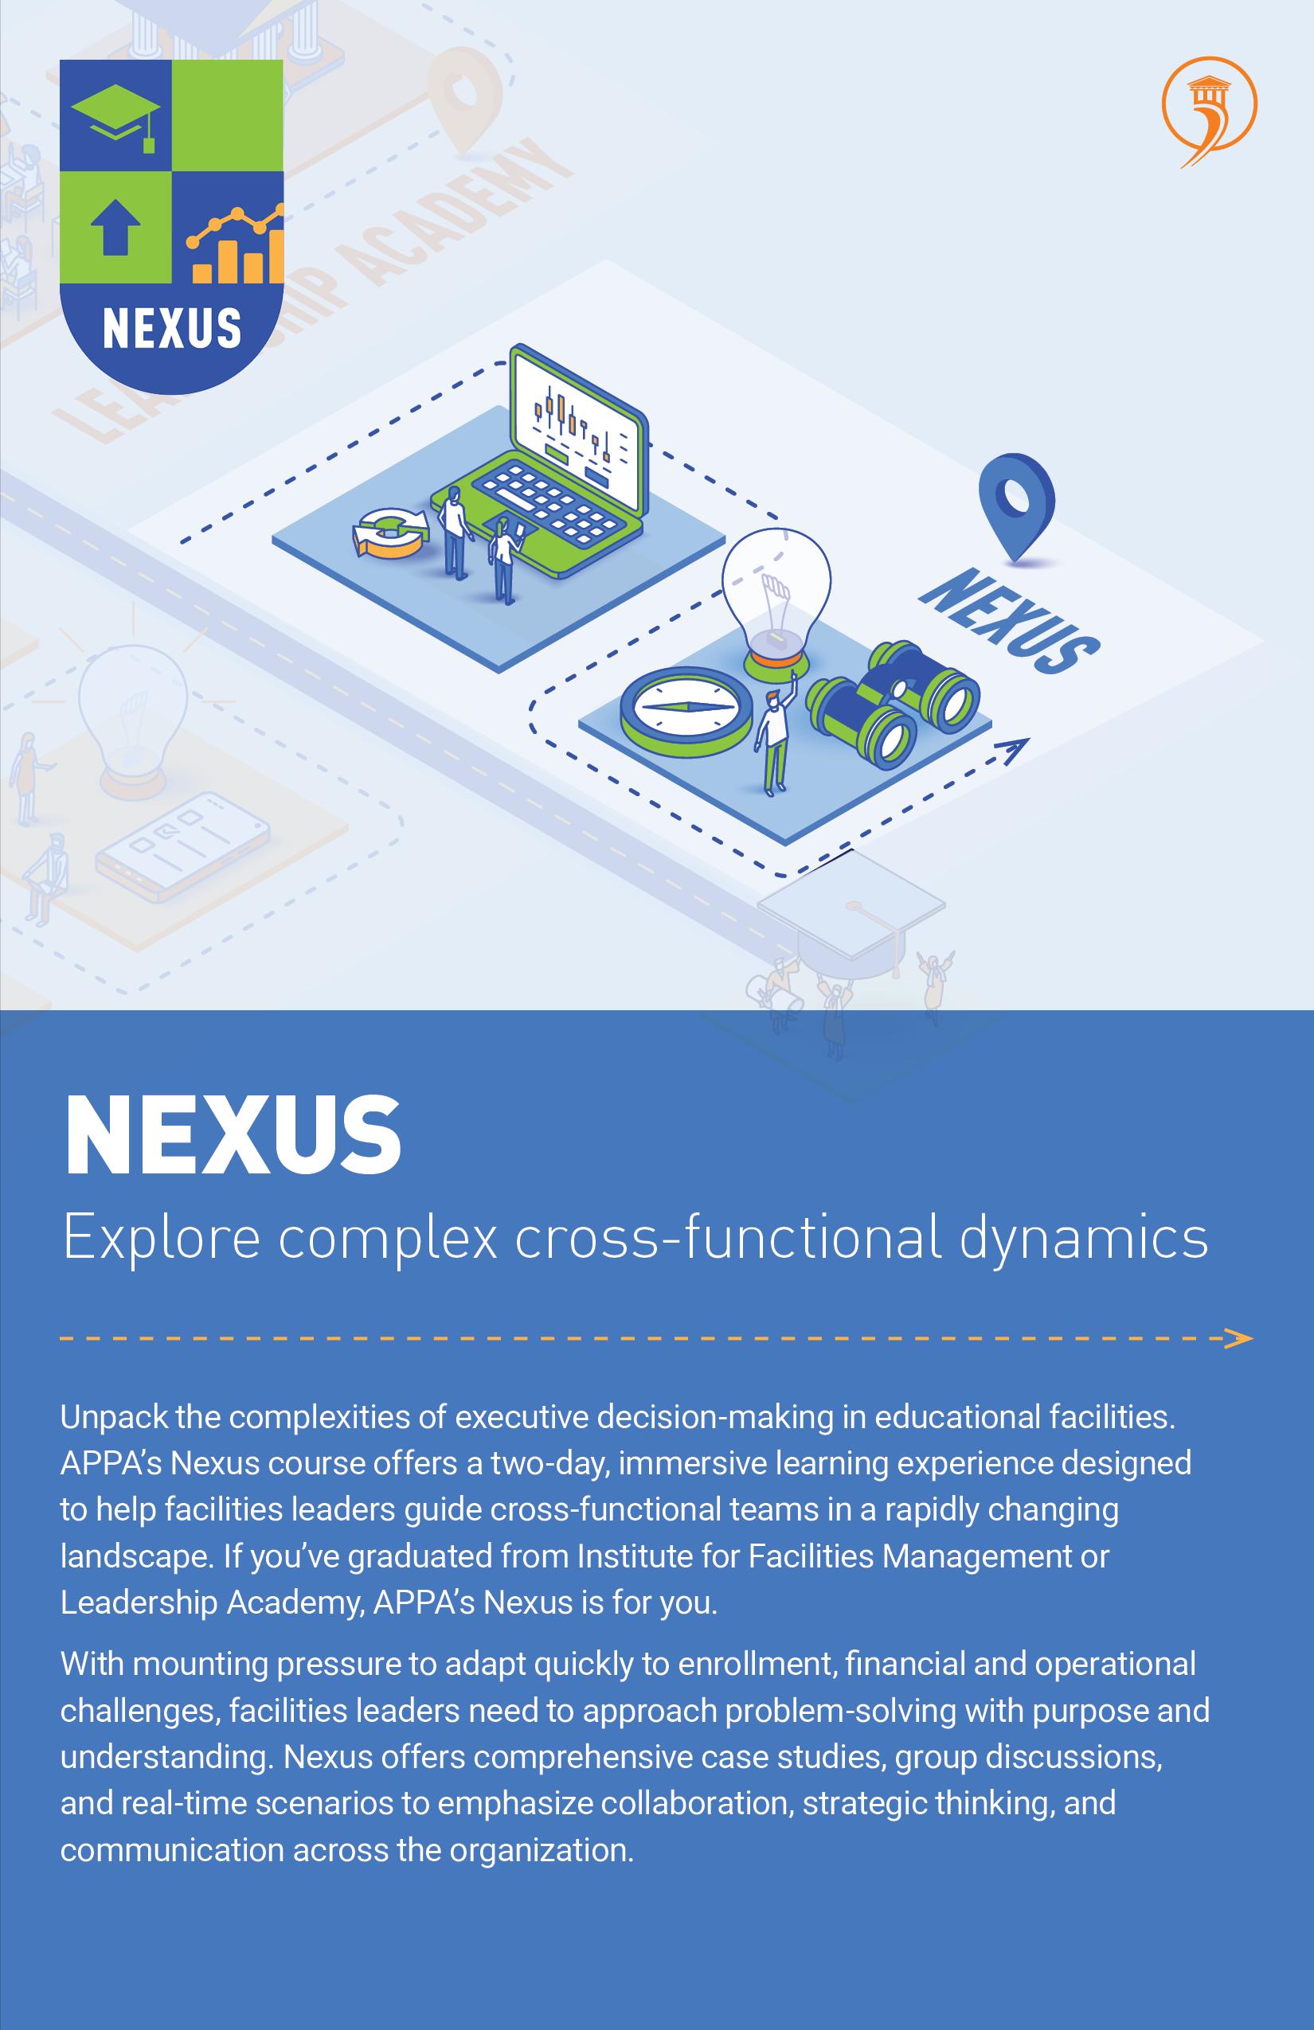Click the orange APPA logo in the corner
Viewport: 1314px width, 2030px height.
[1209, 111]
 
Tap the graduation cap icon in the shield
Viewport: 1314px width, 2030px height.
[116, 118]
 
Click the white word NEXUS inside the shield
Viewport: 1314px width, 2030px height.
[171, 328]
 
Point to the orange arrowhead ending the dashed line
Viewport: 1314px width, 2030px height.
[1238, 1338]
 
